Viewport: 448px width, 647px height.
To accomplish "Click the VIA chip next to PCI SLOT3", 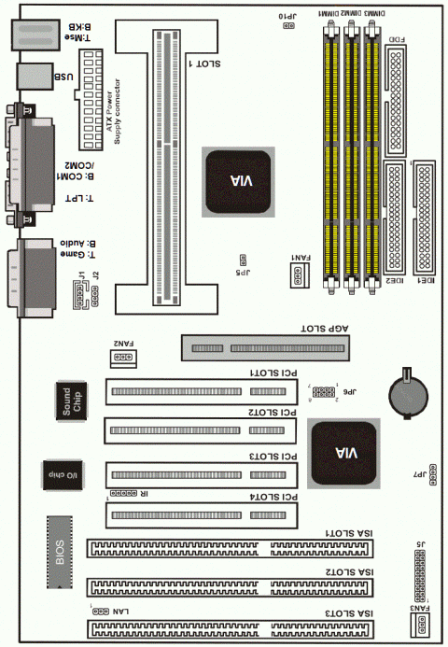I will coord(345,452).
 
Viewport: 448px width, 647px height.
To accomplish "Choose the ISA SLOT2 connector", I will coord(233,587).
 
